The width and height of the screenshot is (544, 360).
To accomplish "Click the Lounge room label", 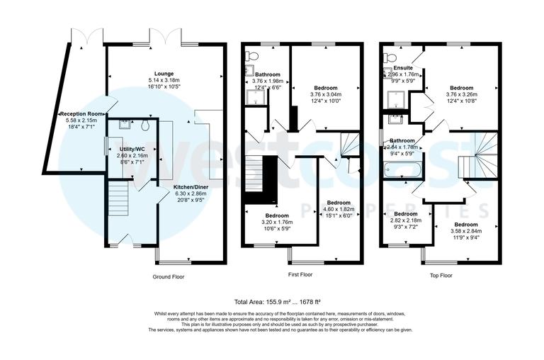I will [165, 73].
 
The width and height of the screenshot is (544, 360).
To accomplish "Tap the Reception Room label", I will [81, 113].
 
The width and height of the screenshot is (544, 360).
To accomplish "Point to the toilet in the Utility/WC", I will [144, 125].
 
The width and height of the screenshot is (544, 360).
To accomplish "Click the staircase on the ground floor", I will [118, 199].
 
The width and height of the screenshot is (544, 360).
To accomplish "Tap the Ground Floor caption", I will [169, 276].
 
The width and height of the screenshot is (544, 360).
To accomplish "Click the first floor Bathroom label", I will [268, 74].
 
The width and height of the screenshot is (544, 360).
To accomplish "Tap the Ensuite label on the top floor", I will [404, 68].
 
